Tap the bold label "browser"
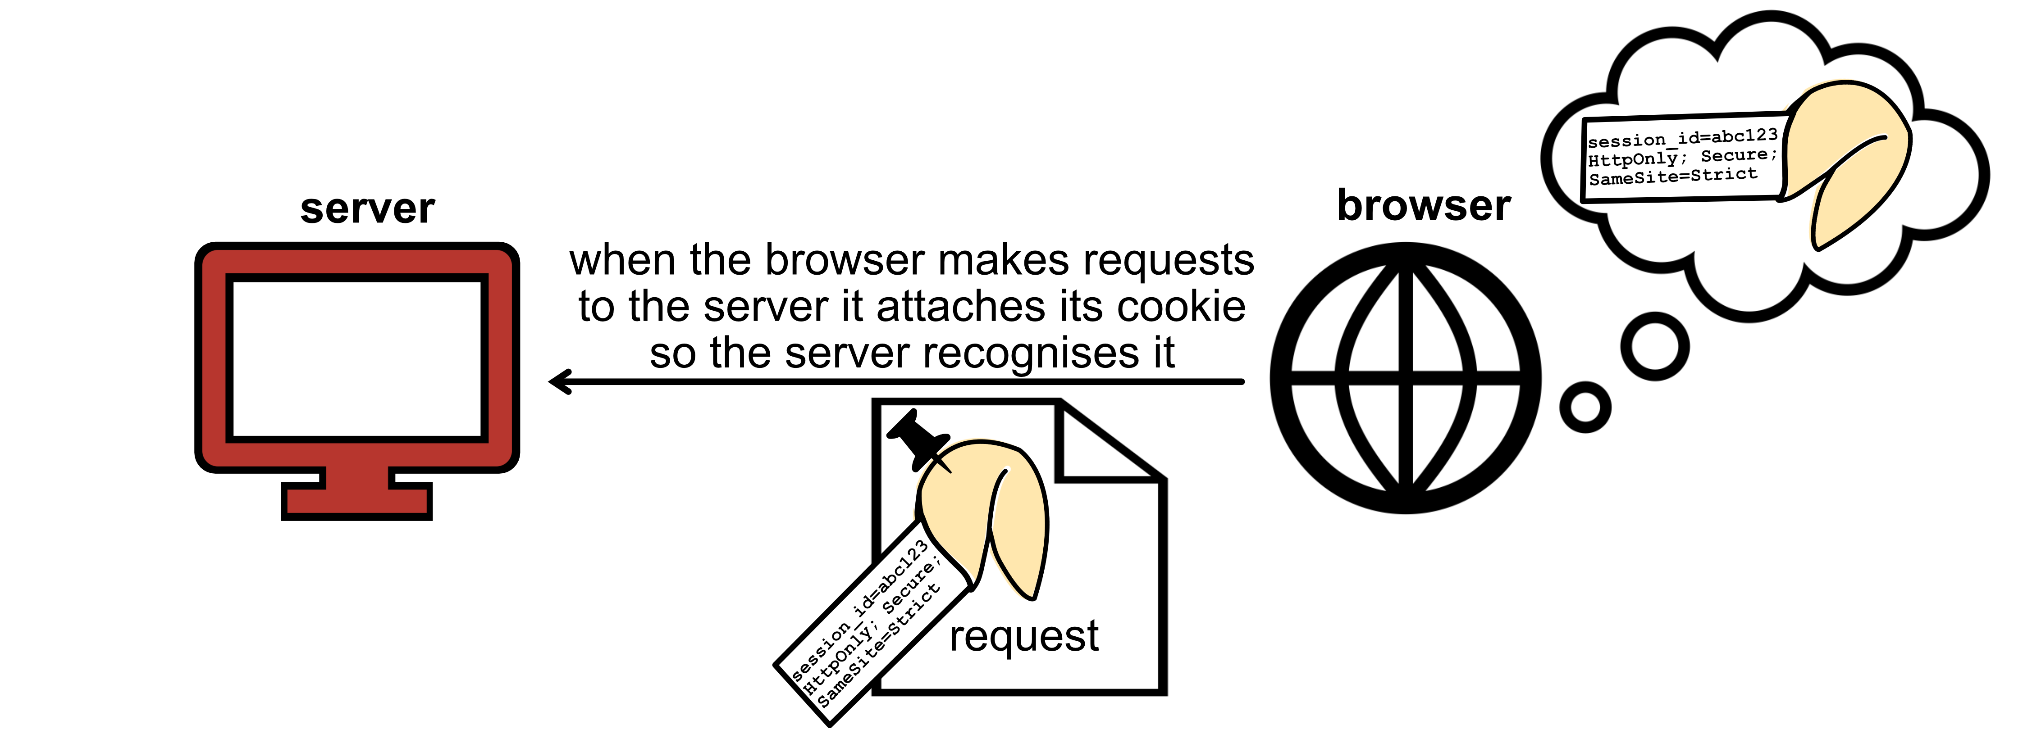point(1423,206)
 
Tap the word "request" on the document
point(1023,636)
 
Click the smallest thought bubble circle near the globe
point(1585,407)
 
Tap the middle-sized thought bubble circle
point(1655,346)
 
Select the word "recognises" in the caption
point(1025,353)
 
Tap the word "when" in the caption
point(621,261)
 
